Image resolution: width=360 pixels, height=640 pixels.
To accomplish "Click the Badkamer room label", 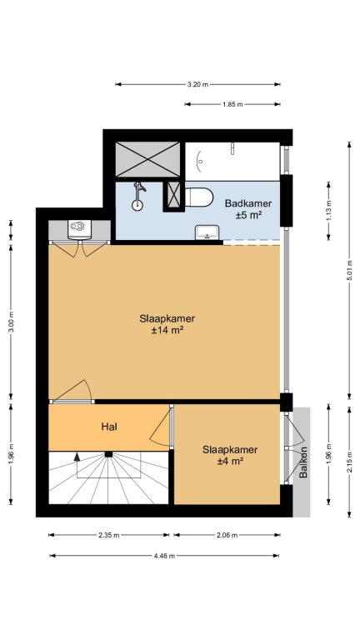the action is tap(248, 203).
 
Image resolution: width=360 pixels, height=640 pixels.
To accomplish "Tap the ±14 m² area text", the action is tap(167, 331).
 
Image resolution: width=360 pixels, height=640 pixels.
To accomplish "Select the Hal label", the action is tap(109, 427).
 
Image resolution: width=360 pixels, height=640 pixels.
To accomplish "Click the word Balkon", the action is tap(303, 462).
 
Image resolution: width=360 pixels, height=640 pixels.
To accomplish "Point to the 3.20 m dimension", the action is tap(198, 84).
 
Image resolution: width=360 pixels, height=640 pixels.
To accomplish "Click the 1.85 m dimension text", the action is tap(232, 104).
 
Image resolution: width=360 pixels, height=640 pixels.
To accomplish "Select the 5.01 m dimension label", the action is tap(349, 270).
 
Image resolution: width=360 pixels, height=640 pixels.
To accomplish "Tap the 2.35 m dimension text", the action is tap(109, 535).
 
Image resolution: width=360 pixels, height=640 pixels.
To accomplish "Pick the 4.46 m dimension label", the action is tap(164, 556).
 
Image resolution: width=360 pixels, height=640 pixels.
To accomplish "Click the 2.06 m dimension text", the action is tap(227, 535).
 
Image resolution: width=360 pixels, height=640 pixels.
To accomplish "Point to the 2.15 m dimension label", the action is tap(349, 462).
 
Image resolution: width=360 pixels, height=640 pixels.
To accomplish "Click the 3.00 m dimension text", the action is tap(11, 322).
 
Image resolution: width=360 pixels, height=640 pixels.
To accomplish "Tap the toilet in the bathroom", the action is tap(199, 197).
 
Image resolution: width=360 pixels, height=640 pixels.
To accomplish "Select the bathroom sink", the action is tap(207, 232).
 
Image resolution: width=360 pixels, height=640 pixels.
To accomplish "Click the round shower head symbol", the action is tap(137, 205).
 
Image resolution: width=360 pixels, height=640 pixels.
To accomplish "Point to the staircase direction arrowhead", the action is tap(77, 457).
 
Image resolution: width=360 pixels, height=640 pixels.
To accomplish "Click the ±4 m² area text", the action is tap(230, 461).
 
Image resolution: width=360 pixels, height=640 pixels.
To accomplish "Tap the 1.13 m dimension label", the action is tap(329, 211).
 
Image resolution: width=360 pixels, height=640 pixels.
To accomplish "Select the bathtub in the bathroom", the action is tap(232, 161).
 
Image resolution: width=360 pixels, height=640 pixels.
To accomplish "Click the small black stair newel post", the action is tap(108, 454).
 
